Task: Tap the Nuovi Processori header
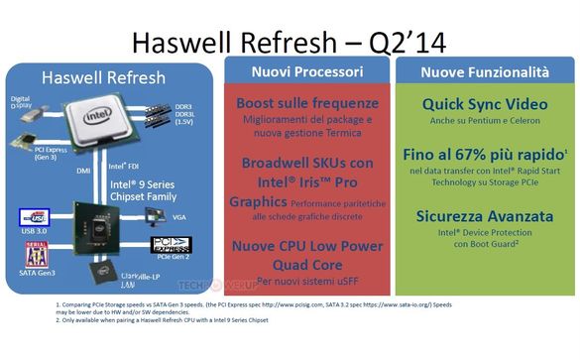click(306, 72)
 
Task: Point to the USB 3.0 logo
click(33, 217)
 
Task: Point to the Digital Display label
click(21, 101)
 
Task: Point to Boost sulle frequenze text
click(306, 103)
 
